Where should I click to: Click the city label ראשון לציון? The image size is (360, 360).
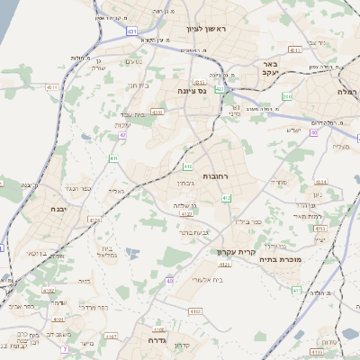208,30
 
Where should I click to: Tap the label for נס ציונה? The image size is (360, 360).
190,90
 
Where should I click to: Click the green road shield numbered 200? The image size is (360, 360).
287,95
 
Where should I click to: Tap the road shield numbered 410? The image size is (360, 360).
188,166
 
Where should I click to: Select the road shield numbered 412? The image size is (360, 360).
226,198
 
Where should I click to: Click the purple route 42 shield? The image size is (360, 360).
122,135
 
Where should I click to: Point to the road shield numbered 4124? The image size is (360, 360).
186,214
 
